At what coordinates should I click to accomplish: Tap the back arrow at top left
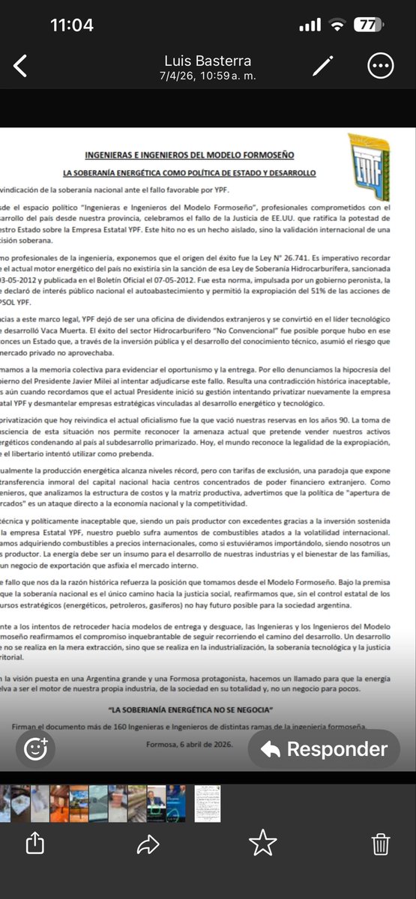(20, 66)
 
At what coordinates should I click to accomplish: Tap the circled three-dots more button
(380, 66)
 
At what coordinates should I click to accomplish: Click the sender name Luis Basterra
(208, 61)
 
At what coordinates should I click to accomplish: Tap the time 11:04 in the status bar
(72, 25)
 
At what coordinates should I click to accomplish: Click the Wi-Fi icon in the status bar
(337, 25)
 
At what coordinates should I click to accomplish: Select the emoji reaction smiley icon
(36, 749)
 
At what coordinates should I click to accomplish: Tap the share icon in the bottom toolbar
(35, 844)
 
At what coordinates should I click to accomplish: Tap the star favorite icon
(263, 844)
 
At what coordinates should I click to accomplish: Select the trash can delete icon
(380, 844)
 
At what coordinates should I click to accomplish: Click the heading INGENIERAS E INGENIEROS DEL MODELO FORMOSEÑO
(189, 155)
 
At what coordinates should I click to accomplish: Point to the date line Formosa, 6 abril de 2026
(190, 745)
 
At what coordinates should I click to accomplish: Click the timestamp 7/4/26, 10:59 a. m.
(208, 76)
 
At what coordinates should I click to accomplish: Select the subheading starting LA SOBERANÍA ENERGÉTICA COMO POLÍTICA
(189, 173)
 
